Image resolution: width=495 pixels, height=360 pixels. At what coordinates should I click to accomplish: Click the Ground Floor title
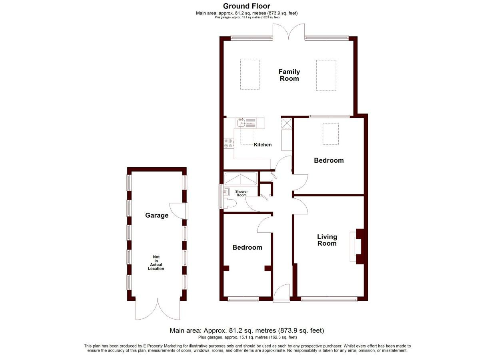[x=247, y=6]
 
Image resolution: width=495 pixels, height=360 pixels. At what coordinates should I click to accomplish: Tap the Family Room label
[x=289, y=75]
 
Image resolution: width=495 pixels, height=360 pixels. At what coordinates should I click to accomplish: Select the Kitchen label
[x=263, y=145]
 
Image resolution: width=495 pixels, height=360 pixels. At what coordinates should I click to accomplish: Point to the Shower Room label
[x=242, y=193]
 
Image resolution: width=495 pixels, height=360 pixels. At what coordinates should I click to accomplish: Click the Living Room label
[x=327, y=240]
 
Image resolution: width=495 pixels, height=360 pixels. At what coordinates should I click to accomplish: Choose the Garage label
[x=157, y=215]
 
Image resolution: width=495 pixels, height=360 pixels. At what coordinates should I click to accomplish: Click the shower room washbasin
[x=226, y=191]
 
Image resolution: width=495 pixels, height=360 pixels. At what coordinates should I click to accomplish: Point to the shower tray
[x=241, y=179]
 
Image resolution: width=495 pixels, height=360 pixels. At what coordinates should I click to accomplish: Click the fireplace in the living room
[x=356, y=246]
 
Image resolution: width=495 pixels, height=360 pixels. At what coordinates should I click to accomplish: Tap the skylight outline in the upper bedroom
[x=331, y=134]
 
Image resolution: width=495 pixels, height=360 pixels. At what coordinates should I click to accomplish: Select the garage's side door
[x=179, y=211]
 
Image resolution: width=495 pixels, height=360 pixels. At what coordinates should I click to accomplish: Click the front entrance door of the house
[x=281, y=293]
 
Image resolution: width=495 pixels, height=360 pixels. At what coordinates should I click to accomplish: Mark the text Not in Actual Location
[x=156, y=263]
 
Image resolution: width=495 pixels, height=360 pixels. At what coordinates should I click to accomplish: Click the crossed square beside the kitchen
[x=287, y=123]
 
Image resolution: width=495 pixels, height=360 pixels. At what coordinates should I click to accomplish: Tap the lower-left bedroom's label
[x=247, y=247]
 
